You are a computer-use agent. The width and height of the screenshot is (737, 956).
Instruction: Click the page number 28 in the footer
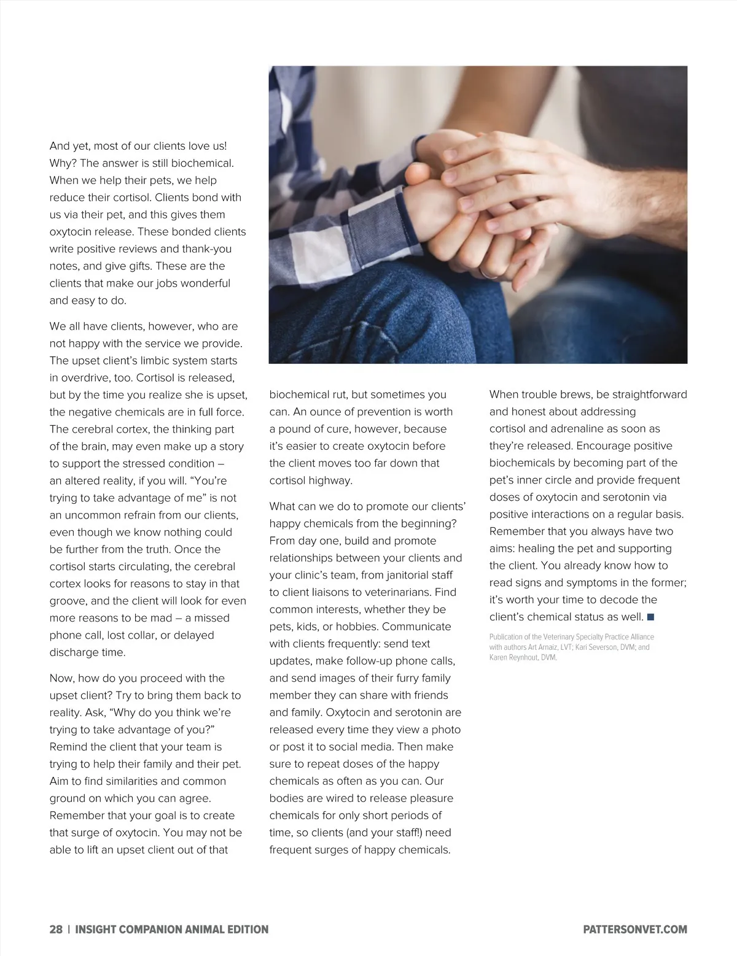tap(56, 929)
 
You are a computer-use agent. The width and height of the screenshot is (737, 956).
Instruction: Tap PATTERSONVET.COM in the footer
tap(635, 929)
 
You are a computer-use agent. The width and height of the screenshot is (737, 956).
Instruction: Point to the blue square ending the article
tap(650, 617)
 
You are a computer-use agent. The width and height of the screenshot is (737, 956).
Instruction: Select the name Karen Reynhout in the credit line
tap(514, 657)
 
